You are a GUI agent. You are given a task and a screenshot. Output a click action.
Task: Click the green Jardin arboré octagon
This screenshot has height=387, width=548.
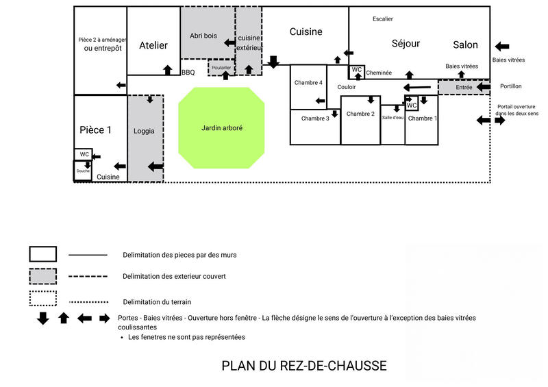coord(222,127)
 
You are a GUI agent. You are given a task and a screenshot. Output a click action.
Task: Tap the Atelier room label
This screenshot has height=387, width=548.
coord(153,45)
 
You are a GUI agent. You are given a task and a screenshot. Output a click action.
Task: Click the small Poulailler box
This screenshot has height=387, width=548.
coord(221,68)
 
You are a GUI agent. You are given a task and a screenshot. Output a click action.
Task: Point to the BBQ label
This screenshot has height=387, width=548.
coord(188,72)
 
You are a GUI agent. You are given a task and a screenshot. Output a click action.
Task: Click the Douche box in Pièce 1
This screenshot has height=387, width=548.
coord(83,171)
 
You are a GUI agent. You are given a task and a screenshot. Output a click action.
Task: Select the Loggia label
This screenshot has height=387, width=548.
coord(145,131)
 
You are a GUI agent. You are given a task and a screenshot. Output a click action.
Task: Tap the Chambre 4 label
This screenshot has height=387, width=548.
coord(308,83)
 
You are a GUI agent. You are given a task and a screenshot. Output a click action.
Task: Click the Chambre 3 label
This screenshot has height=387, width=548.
coord(315,118)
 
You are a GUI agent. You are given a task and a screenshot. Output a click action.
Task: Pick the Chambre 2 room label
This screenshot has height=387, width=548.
coord(360,114)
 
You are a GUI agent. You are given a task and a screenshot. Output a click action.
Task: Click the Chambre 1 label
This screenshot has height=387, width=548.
coord(421,118)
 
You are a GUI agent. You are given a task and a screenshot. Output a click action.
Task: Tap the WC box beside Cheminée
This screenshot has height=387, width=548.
coord(357,70)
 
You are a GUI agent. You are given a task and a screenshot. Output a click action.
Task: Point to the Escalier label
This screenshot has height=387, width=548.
coord(382,18)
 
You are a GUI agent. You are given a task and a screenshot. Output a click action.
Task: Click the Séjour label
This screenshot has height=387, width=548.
coord(406,44)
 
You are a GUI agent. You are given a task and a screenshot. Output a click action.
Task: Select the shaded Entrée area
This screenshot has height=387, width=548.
coord(464,88)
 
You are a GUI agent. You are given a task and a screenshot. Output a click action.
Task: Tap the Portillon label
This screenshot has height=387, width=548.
coord(511,86)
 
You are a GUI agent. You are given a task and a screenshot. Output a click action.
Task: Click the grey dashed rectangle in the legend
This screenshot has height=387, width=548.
coord(42,276)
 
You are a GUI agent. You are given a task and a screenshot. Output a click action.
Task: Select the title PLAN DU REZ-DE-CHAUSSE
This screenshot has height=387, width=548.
coord(304,366)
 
